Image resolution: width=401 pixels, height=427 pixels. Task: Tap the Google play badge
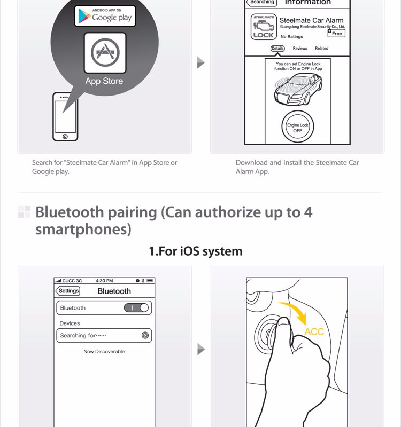click(x=105, y=16)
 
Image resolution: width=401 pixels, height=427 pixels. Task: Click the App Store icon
click(x=105, y=53)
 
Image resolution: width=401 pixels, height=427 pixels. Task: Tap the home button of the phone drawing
click(x=65, y=137)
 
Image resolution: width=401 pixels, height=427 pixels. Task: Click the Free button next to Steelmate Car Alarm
click(x=336, y=33)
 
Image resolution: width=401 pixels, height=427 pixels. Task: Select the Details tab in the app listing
click(x=277, y=49)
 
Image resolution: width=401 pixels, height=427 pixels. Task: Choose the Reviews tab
click(x=300, y=49)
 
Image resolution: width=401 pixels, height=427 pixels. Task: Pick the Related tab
click(x=322, y=49)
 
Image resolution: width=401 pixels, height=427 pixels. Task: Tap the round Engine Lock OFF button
click(x=297, y=126)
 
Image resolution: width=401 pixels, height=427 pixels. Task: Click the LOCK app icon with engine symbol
click(x=264, y=27)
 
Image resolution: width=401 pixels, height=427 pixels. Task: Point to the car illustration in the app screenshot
click(x=298, y=89)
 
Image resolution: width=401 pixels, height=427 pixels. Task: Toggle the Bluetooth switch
click(x=136, y=308)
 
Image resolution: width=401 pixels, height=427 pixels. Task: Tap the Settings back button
click(x=68, y=291)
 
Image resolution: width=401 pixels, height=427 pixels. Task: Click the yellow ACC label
click(x=314, y=331)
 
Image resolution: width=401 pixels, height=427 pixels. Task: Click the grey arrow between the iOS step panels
click(x=201, y=349)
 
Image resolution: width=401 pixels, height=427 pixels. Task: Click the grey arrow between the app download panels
click(x=201, y=62)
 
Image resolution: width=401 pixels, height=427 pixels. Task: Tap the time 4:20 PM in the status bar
click(x=104, y=281)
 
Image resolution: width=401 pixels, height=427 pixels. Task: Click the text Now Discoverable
click(x=104, y=352)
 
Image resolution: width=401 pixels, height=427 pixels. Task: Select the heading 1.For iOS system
click(x=196, y=251)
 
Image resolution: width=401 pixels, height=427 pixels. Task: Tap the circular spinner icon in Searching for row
click(x=145, y=335)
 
